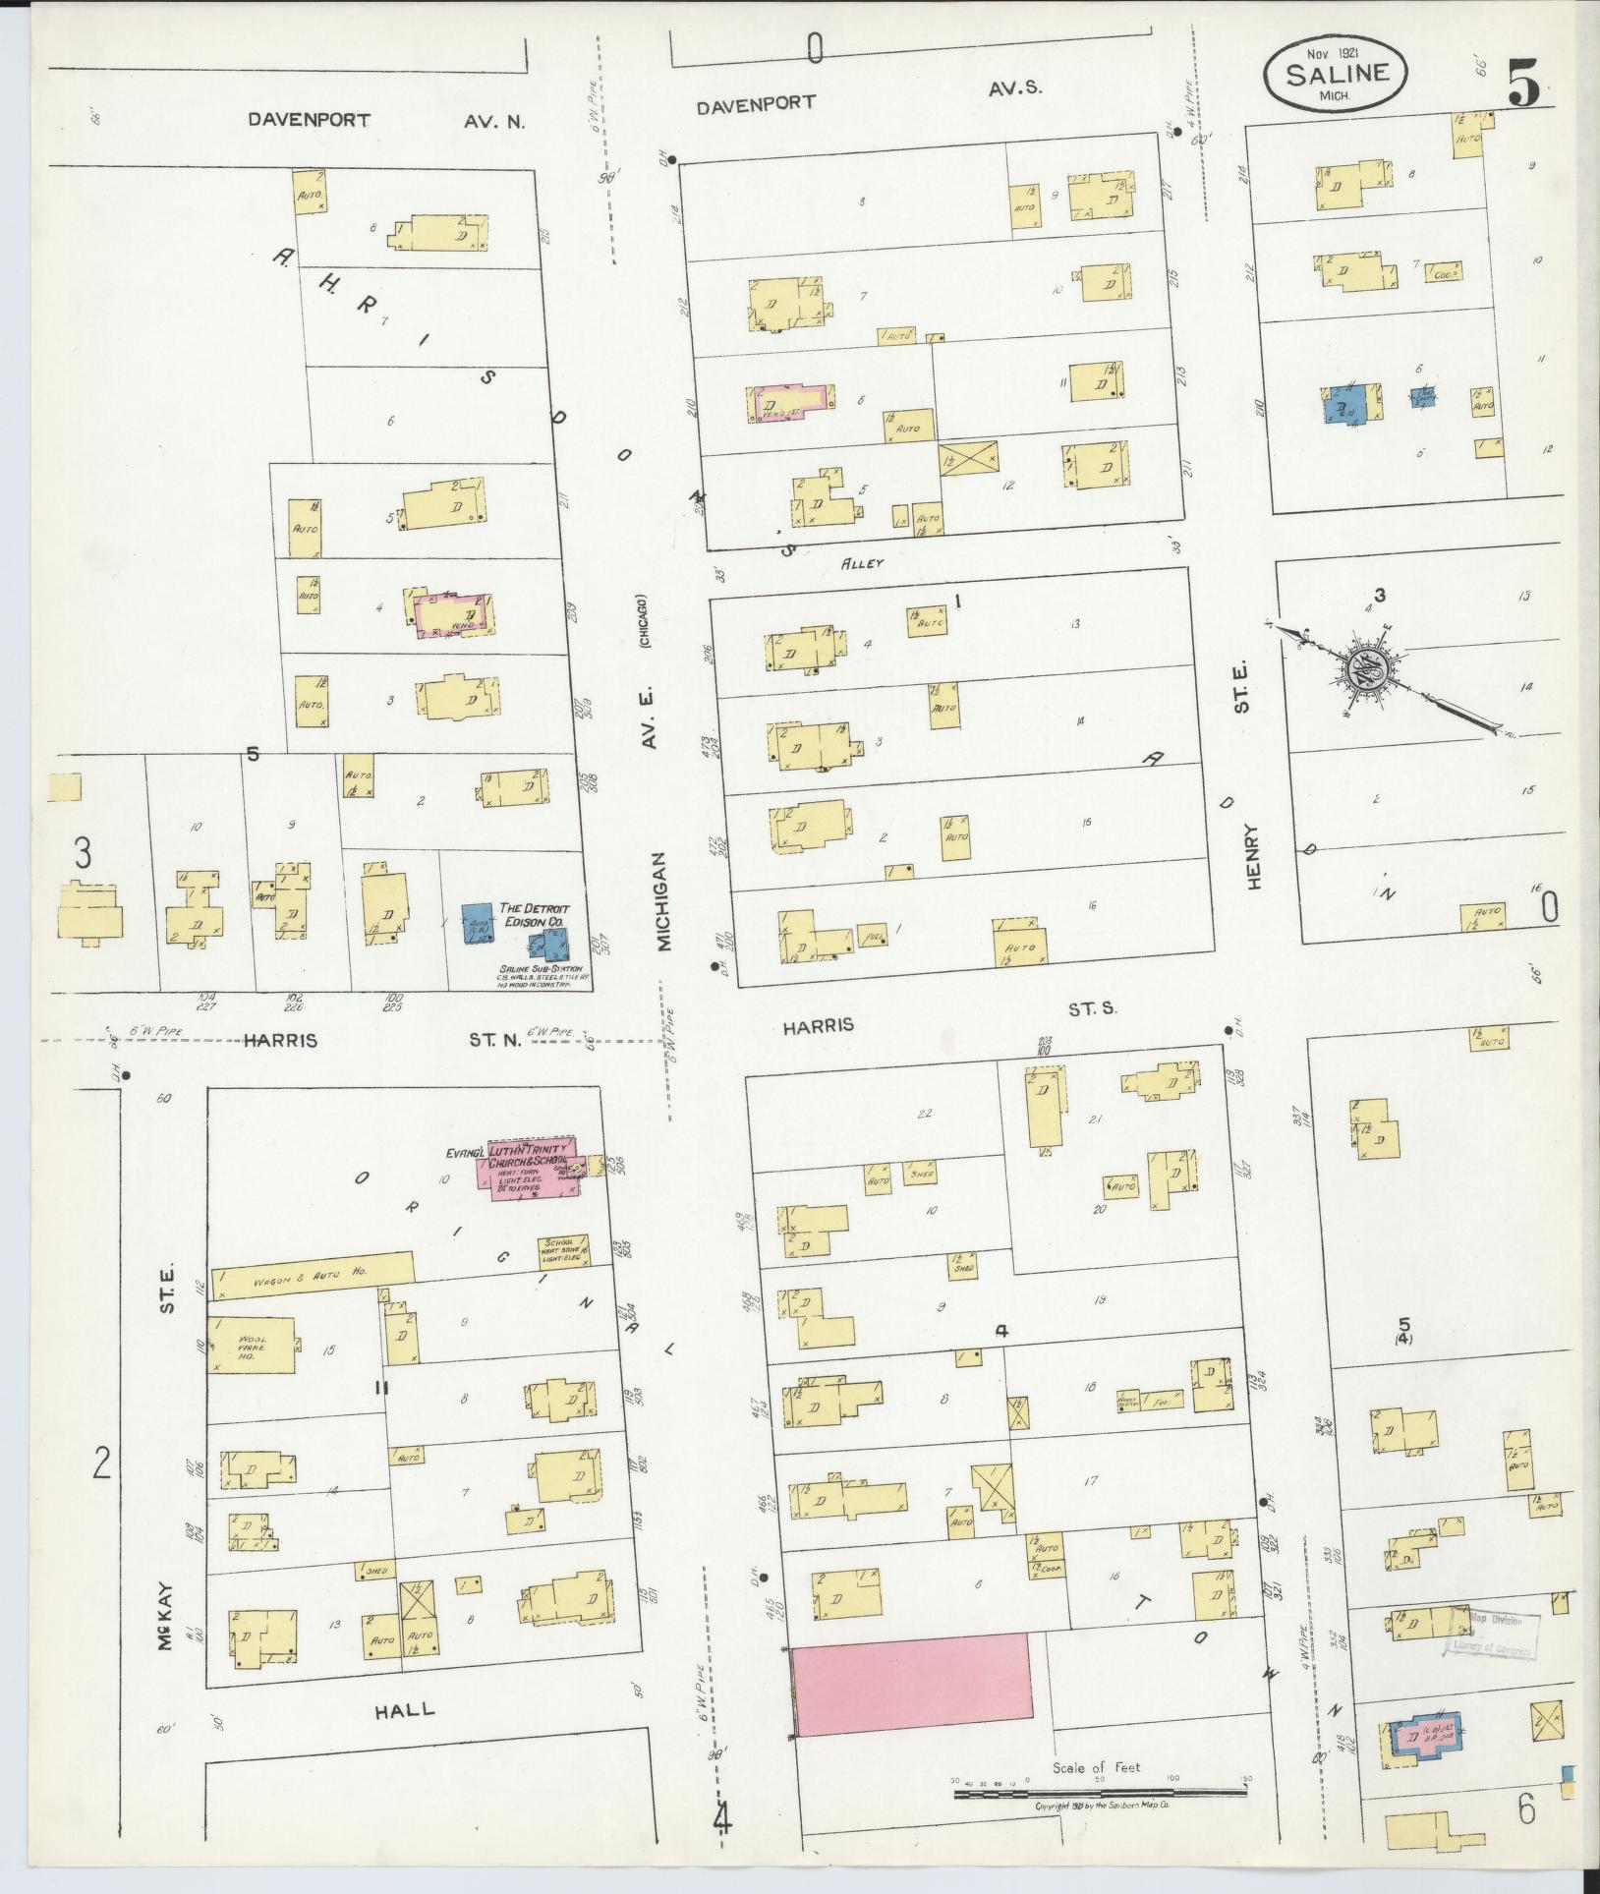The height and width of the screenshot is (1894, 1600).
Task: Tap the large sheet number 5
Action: (x=1523, y=83)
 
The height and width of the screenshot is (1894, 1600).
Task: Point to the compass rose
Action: (x=1373, y=671)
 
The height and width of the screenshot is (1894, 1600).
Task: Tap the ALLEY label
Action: (x=862, y=563)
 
